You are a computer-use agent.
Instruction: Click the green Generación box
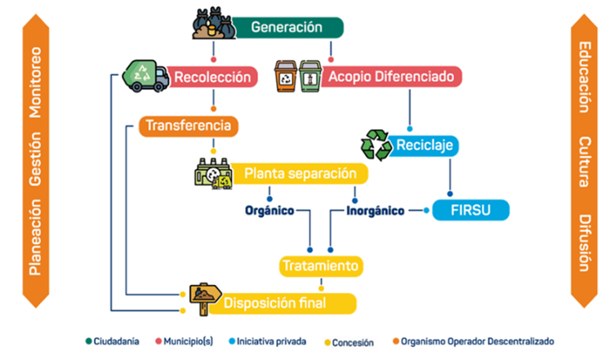(x=286, y=27)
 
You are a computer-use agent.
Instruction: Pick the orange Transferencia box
(x=189, y=126)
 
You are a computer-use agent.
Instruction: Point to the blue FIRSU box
(x=470, y=210)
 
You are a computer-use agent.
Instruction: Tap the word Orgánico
(x=269, y=211)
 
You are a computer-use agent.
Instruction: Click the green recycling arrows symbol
(x=376, y=144)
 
